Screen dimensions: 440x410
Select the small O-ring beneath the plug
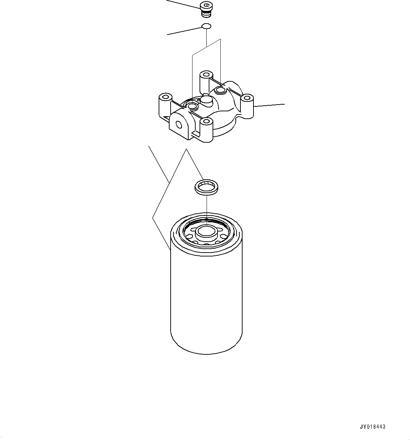(x=206, y=26)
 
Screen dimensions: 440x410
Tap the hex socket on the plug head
(x=206, y=5)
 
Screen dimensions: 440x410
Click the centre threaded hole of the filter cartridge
(x=206, y=231)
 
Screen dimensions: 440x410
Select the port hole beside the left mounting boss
(x=192, y=106)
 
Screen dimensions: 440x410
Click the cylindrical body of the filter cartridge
(x=206, y=296)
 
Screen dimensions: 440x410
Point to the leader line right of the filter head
(x=270, y=105)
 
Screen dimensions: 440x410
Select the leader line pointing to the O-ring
(x=183, y=31)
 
